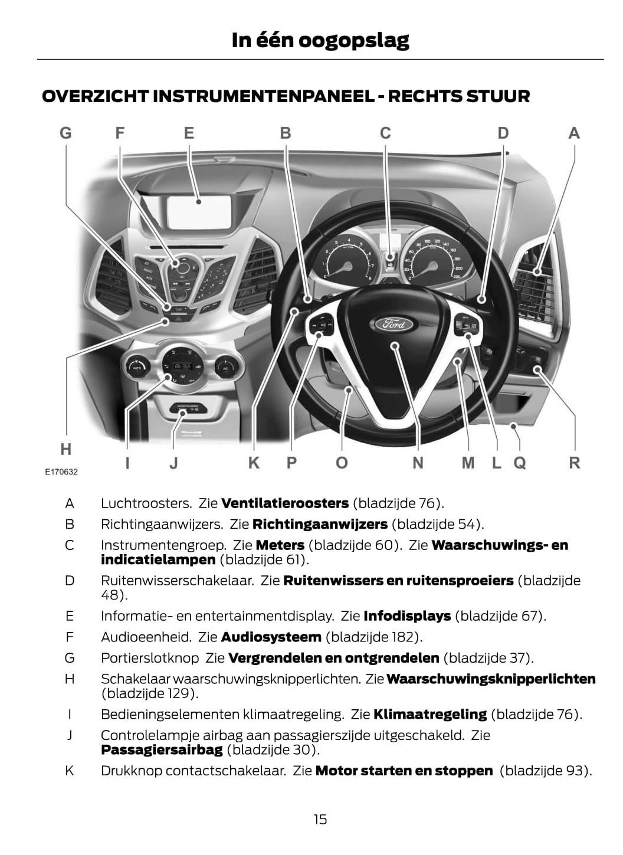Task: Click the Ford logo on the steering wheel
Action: (394, 324)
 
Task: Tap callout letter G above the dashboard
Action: (65, 133)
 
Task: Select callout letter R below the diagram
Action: (574, 463)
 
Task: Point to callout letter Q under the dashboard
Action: (519, 463)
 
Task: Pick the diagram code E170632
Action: (61, 472)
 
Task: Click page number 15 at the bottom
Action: (320, 819)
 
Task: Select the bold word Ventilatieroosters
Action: (285, 503)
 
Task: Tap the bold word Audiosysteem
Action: (271, 637)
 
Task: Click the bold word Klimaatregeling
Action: (430, 714)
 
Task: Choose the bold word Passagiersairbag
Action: (162, 749)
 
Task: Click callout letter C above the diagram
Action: (385, 133)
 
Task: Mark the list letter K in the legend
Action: (70, 771)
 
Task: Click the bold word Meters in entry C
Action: (280, 545)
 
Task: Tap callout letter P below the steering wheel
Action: (291, 463)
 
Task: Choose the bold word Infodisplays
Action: (407, 616)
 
